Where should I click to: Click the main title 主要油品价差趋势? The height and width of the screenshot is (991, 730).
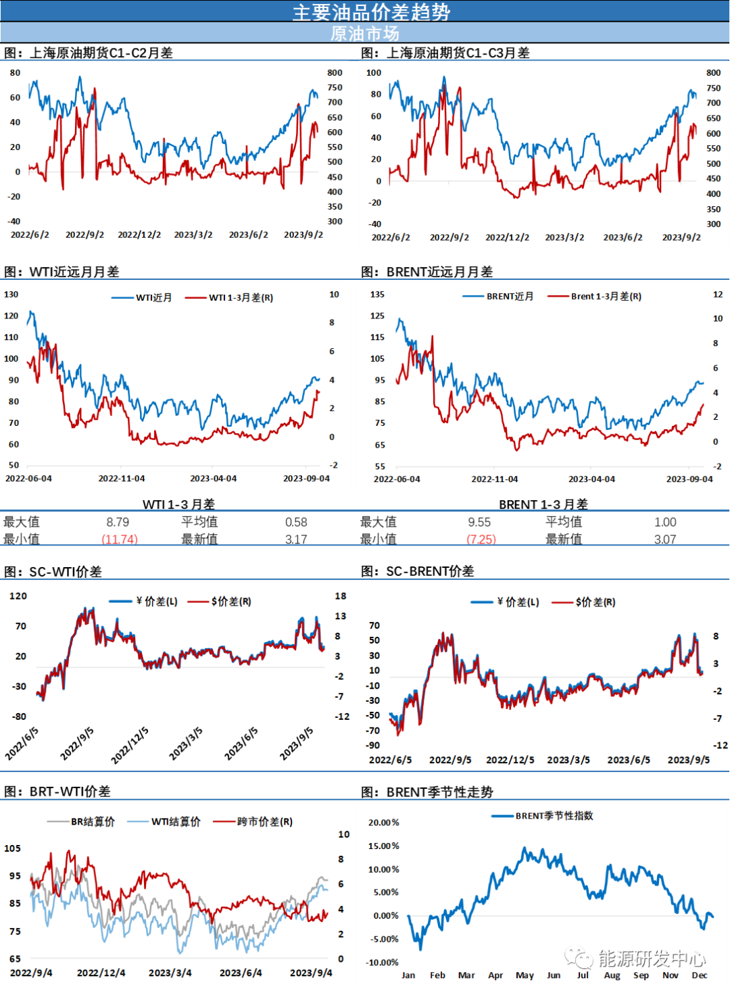coord(371,11)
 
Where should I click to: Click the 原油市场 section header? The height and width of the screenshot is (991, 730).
coord(364,33)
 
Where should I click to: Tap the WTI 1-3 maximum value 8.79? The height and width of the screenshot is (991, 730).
coord(118,522)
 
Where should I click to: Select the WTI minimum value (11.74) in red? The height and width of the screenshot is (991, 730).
coord(120,539)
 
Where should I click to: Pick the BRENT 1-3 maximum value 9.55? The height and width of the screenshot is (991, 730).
coord(479,522)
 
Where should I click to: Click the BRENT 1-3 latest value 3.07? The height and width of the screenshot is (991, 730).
coord(664,539)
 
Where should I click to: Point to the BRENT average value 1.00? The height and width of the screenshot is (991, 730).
coord(665,522)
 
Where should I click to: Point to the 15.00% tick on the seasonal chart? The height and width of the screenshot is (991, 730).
coord(383,846)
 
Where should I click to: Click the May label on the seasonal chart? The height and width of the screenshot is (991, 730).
coord(525,975)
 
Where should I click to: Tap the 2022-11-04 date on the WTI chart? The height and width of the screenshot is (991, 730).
coord(122,479)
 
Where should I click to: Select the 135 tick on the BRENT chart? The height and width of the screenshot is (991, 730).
coord(377,295)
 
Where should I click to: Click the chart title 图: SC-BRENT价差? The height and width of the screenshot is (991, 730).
coord(417,571)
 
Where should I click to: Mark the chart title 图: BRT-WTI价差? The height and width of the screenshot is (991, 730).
coord(57,792)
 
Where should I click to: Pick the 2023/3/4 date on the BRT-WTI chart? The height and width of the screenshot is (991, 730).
coord(170,973)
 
